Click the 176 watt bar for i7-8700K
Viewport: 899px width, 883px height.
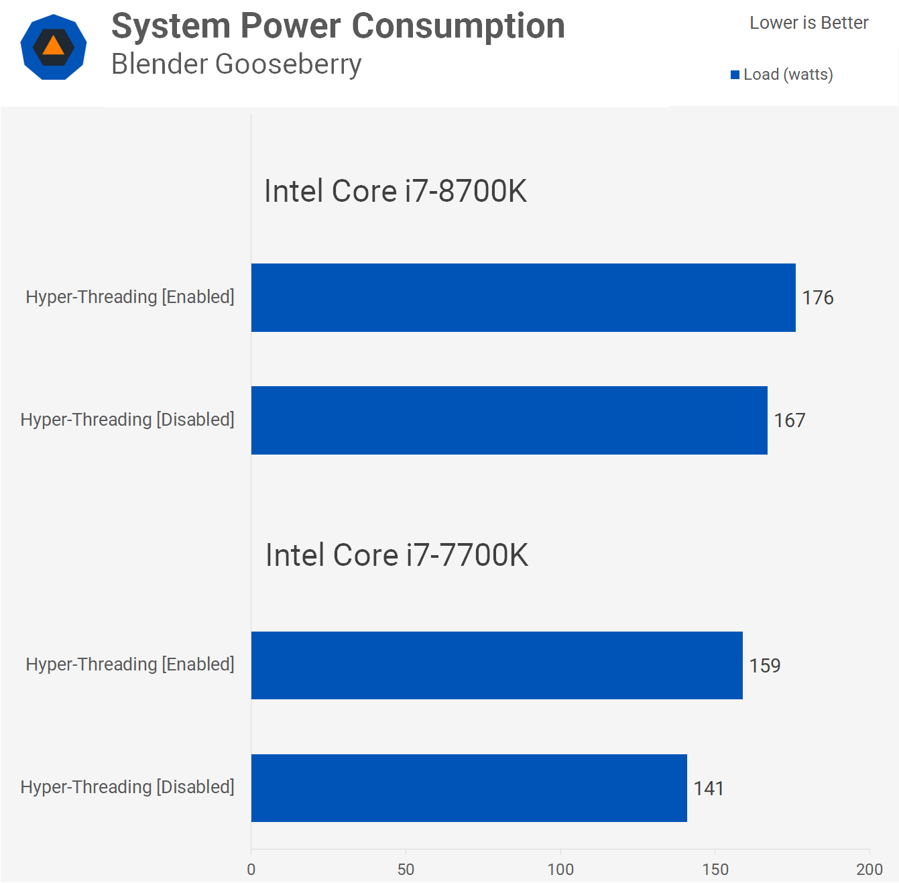(523, 298)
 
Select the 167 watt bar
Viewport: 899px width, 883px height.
(509, 420)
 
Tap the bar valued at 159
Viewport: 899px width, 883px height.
(497, 665)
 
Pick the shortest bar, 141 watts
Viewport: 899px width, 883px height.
(469, 788)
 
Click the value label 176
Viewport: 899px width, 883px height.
(818, 298)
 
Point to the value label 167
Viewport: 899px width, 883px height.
(790, 420)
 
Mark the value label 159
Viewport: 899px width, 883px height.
(765, 666)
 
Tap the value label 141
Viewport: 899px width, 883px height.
(709, 788)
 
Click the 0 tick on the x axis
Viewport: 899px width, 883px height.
(251, 870)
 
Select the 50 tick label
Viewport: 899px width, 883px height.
(406, 870)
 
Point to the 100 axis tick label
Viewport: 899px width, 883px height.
(560, 870)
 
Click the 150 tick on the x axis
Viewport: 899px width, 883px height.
(715, 870)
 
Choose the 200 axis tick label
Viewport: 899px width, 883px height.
(870, 870)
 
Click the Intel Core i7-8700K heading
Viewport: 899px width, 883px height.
(396, 191)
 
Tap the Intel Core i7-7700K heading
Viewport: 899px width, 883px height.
(397, 555)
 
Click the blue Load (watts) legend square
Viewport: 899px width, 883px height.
(735, 74)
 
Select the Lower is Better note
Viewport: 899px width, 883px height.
(808, 23)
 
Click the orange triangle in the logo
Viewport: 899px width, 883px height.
(54, 46)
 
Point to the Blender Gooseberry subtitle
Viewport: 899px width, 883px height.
(236, 64)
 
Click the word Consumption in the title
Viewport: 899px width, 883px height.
(458, 26)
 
